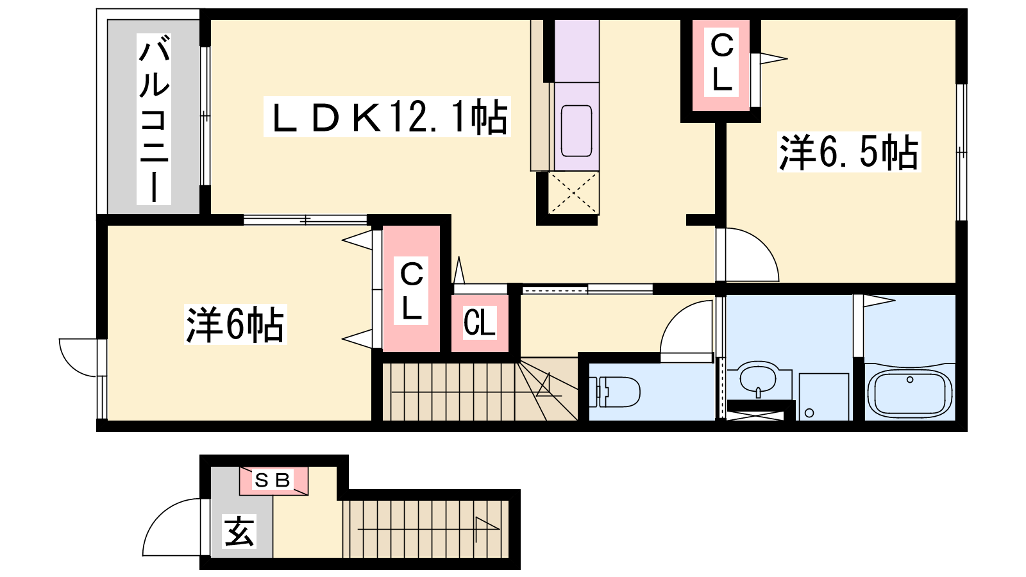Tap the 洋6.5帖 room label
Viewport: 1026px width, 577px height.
click(x=849, y=152)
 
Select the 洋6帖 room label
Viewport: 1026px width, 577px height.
click(x=235, y=324)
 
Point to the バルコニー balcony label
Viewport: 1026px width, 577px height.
click(x=154, y=120)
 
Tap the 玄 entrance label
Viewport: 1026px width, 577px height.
click(x=239, y=531)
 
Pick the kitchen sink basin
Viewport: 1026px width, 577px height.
click(x=576, y=131)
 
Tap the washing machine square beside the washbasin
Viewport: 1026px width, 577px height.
click(x=824, y=397)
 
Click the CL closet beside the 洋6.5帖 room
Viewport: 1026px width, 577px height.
click(x=721, y=65)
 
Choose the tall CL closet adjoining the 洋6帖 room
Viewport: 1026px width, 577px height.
click(x=411, y=288)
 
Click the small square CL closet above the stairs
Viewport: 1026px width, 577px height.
click(x=480, y=323)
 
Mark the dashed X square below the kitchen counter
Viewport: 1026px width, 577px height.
click(x=573, y=193)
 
